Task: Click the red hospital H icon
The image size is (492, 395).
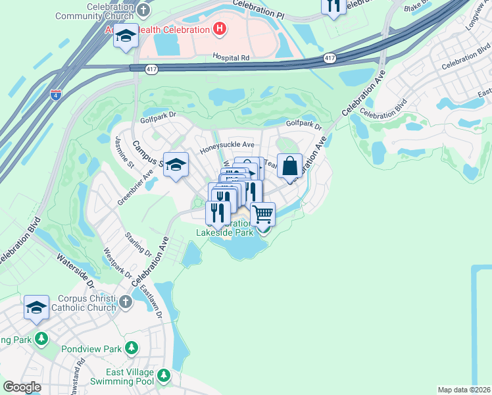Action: tap(220, 29)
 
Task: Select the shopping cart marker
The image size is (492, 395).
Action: tap(262, 214)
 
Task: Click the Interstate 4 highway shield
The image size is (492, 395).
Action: tap(56, 94)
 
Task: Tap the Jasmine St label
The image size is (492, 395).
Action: tap(124, 151)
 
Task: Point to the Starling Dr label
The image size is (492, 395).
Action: tap(139, 244)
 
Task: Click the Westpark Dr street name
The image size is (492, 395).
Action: tap(118, 263)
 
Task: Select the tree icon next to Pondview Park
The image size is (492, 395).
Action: tap(132, 347)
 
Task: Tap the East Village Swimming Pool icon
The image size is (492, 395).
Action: tap(163, 377)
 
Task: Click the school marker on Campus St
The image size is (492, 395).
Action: tap(176, 166)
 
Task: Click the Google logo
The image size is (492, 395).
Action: tap(22, 387)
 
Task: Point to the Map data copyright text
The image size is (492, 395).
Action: tap(464, 390)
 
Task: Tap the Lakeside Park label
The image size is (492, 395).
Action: tap(224, 232)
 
